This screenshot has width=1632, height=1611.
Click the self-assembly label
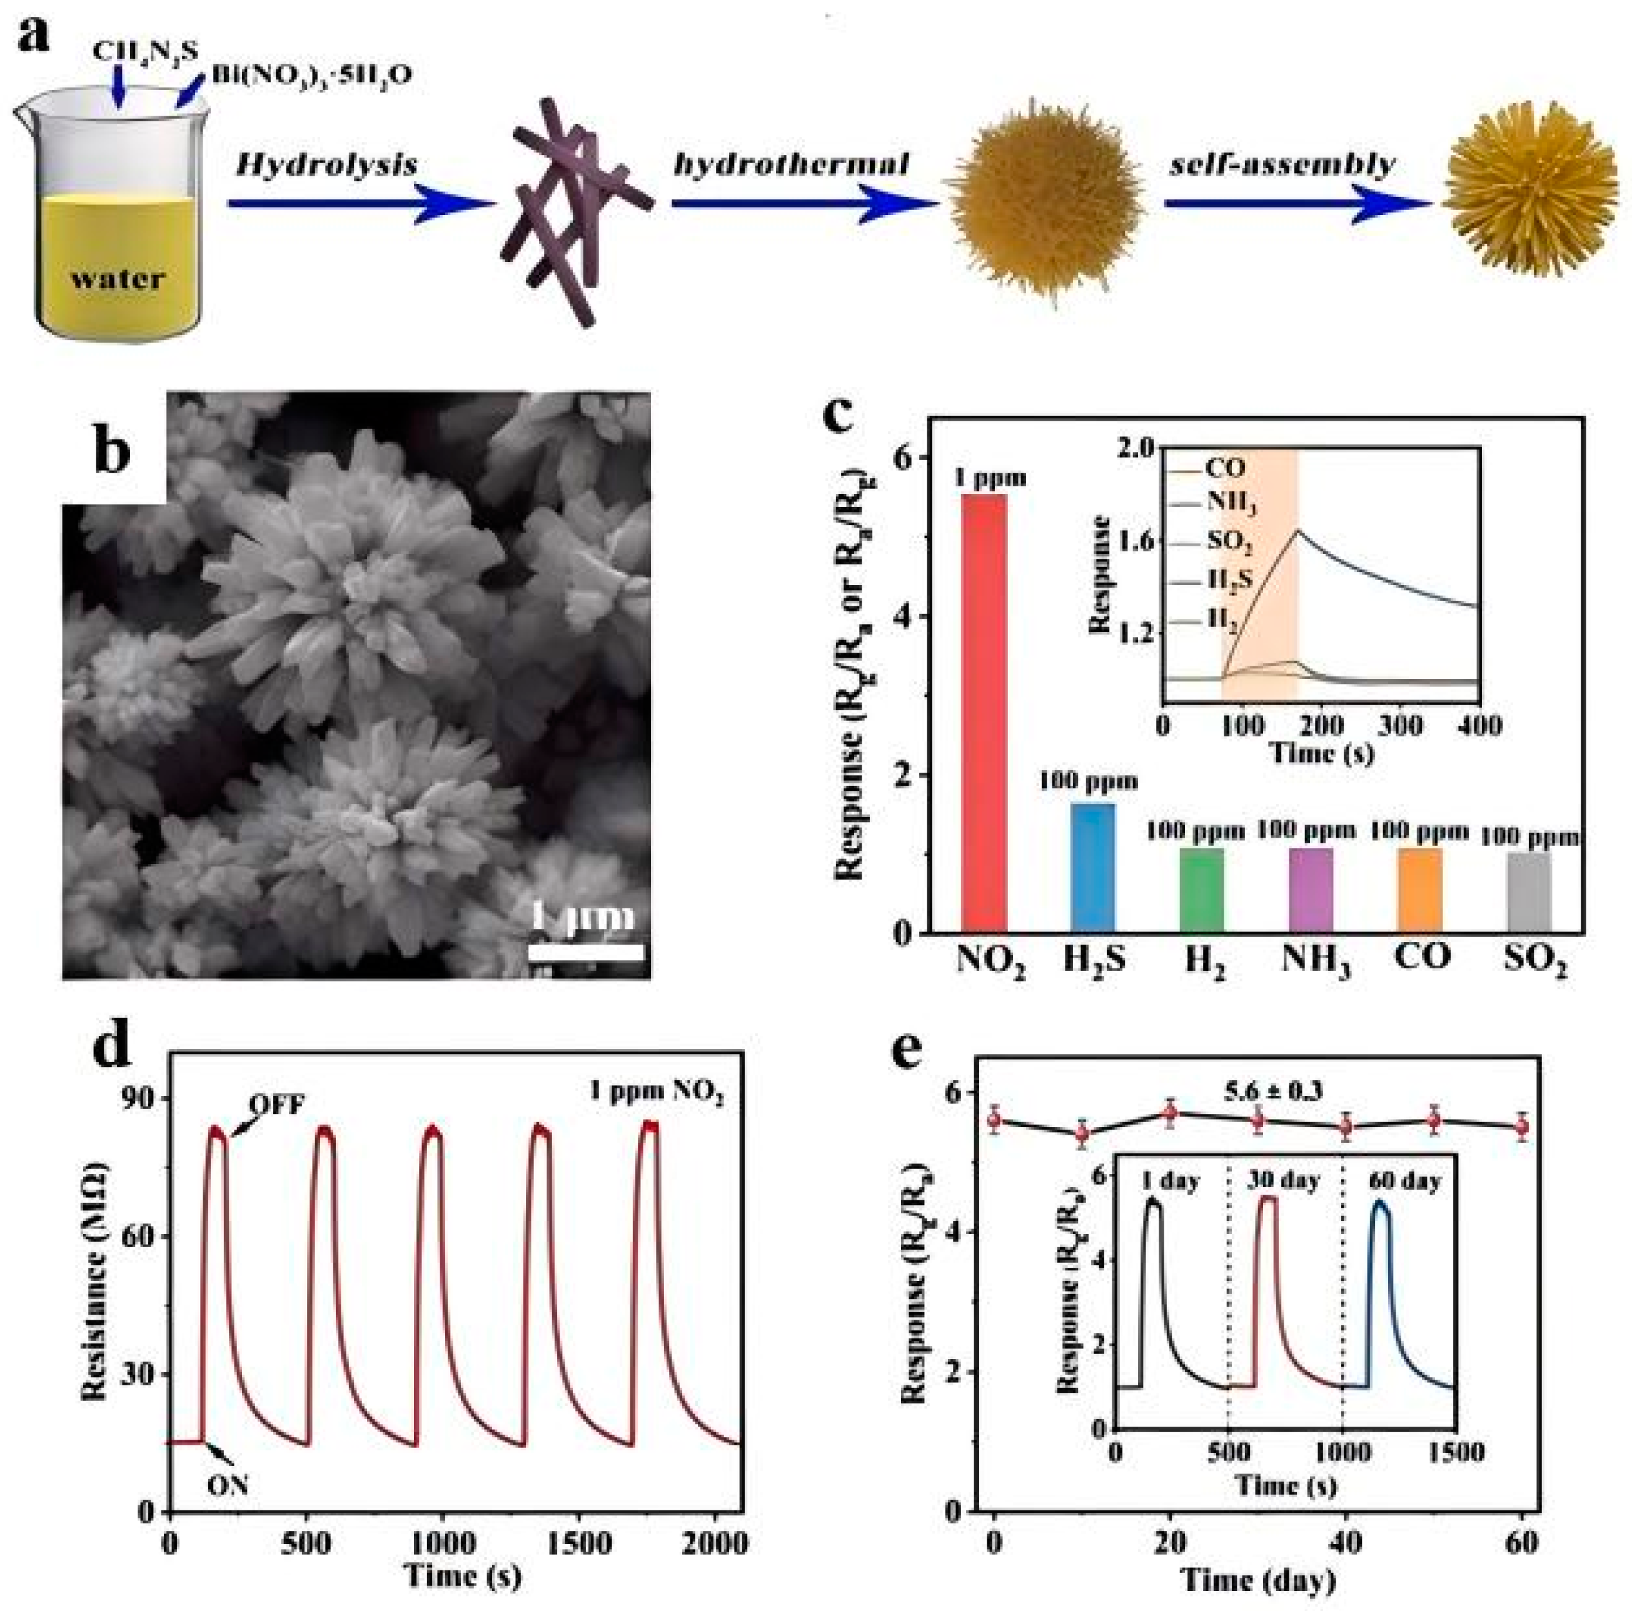[x=1283, y=166]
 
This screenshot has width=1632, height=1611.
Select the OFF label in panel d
[x=275, y=1105]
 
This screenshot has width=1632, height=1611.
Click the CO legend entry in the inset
[x=1225, y=466]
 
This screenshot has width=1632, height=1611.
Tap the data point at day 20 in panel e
[x=1170, y=1113]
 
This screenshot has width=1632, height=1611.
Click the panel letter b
[x=113, y=451]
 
